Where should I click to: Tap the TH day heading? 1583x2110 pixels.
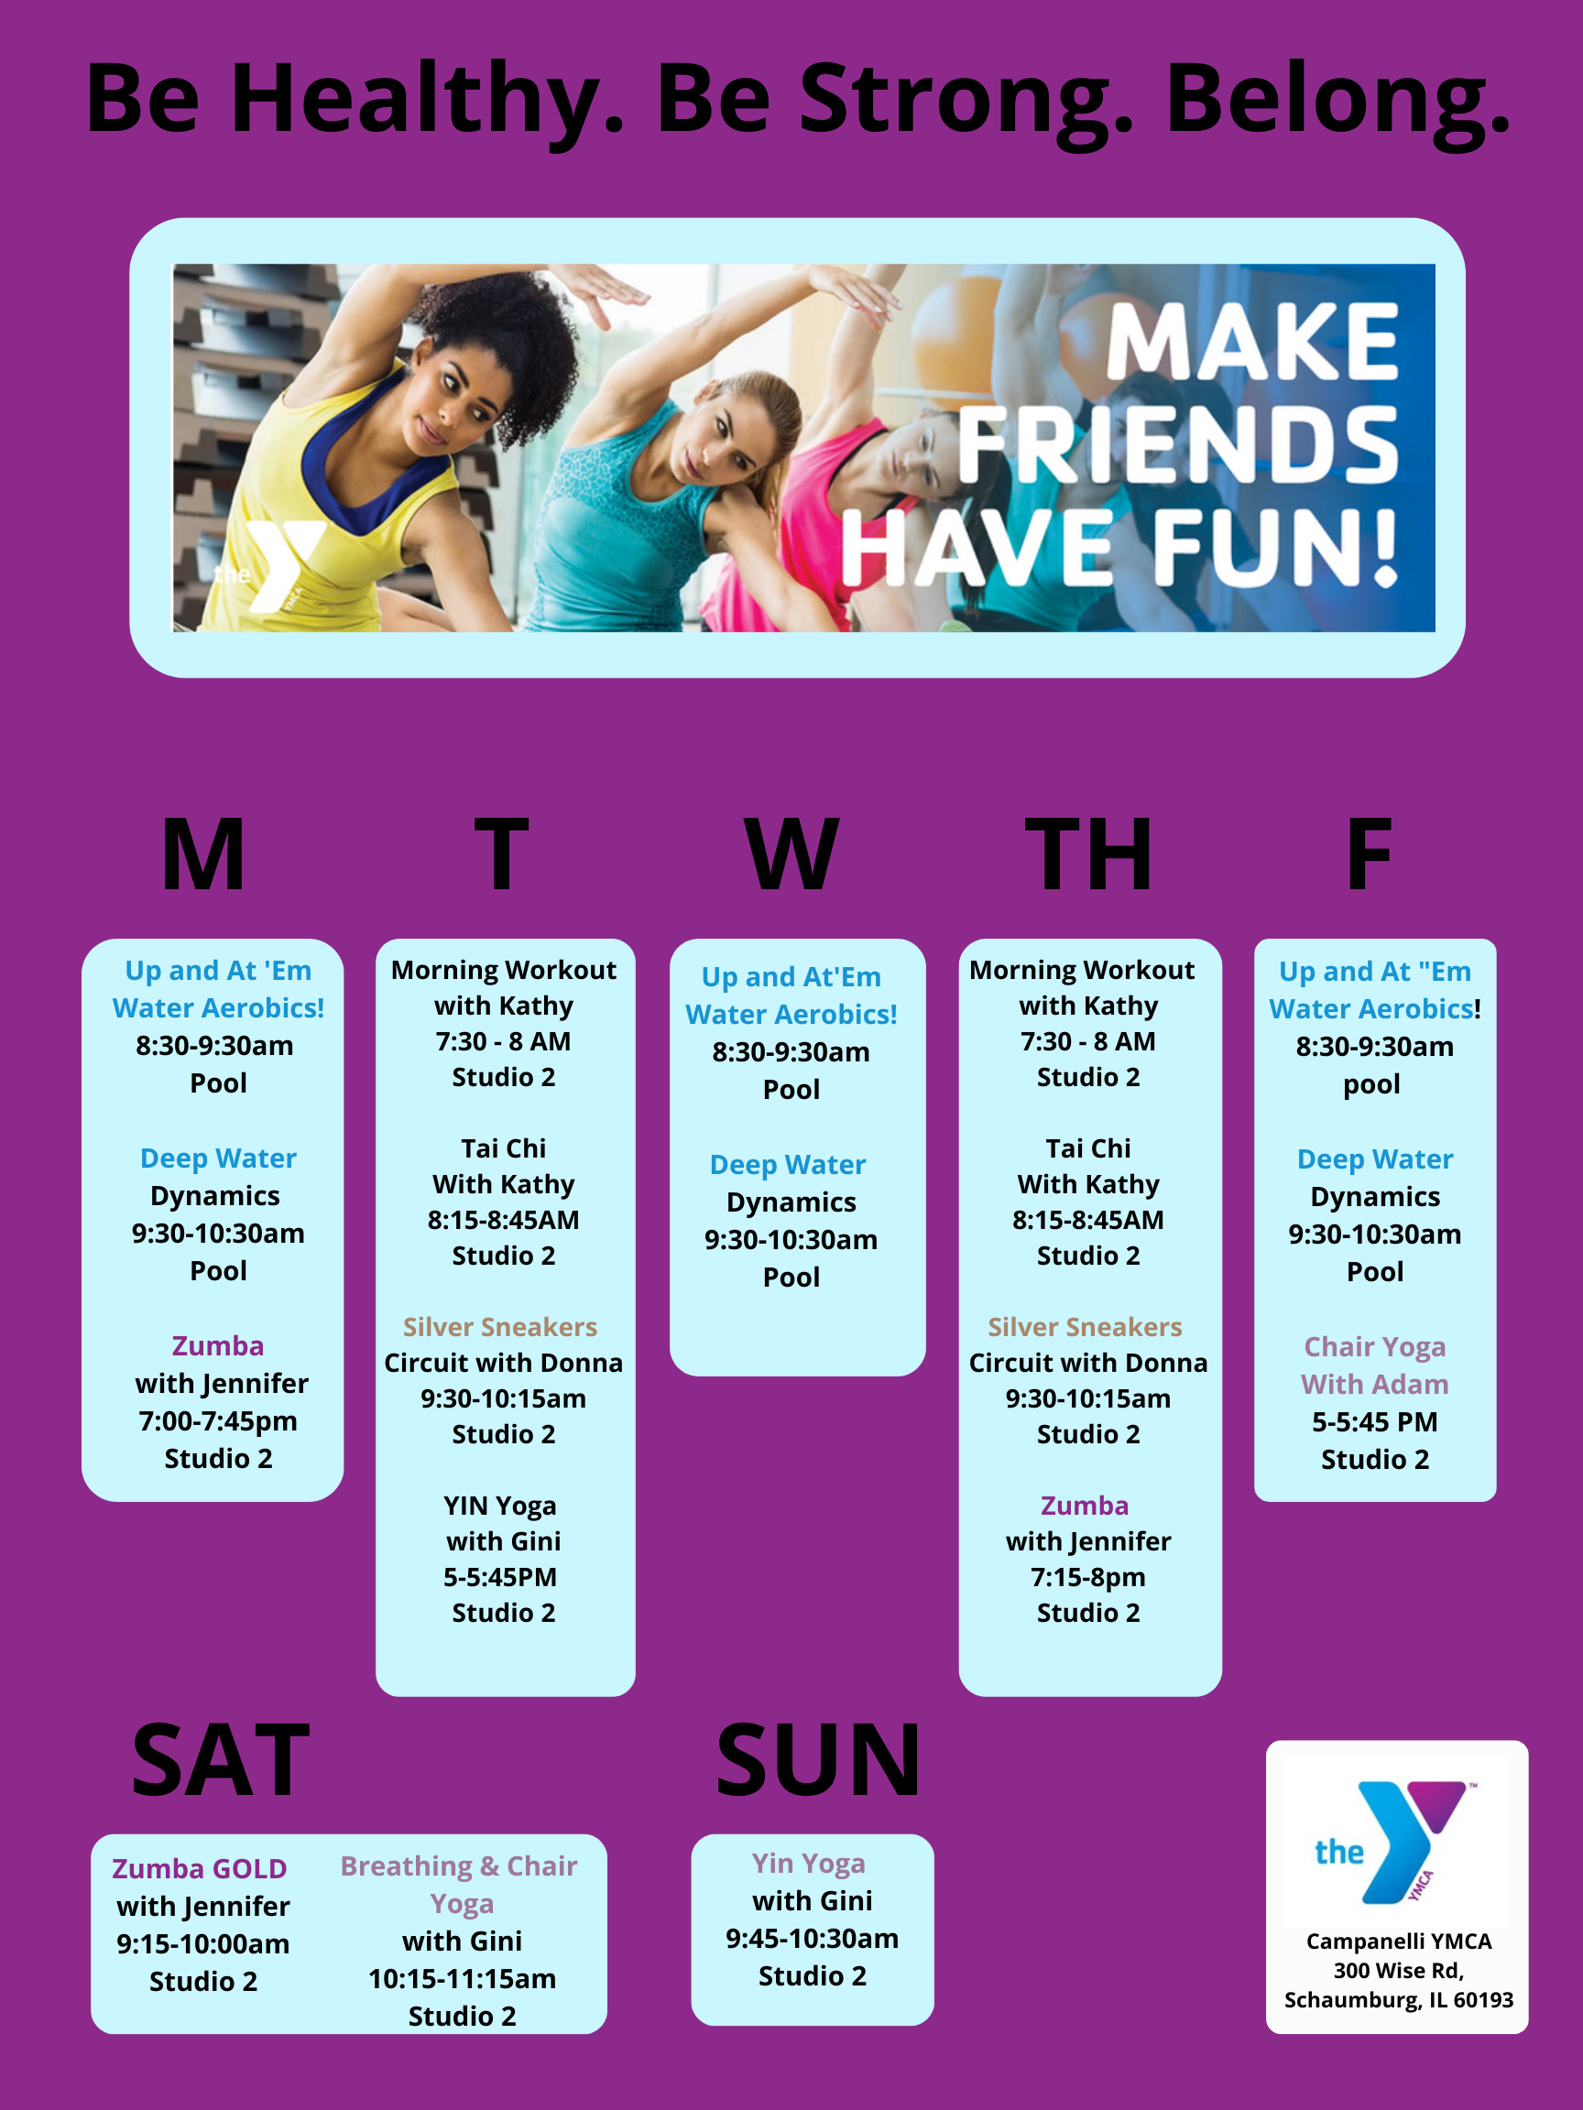(1087, 854)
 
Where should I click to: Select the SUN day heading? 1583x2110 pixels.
(819, 1760)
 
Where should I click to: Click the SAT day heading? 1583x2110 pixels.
(221, 1760)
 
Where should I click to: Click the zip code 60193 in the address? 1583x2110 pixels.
(1483, 1999)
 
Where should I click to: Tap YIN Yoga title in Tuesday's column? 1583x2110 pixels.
(500, 1506)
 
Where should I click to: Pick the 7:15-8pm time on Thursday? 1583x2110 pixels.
(1087, 1578)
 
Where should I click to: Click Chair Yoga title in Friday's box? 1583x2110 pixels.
(1375, 1347)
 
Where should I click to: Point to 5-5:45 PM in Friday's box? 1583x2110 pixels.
(1375, 1422)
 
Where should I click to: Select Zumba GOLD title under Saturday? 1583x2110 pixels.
(200, 1868)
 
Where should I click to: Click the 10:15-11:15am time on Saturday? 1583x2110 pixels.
(462, 1979)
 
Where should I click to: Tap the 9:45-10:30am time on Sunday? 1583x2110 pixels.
(812, 1939)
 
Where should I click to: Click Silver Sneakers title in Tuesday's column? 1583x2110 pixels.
(500, 1327)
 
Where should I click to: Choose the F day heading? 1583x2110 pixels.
(1369, 854)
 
